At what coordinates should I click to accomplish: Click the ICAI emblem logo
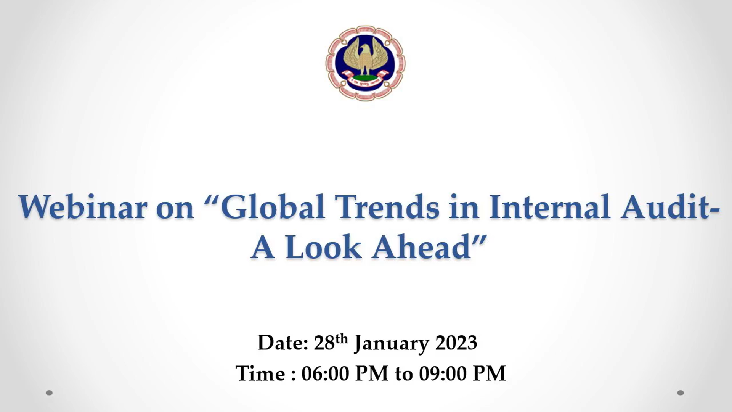[x=365, y=63]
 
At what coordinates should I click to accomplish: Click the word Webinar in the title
[x=82, y=207]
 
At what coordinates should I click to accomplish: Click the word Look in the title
[x=323, y=247]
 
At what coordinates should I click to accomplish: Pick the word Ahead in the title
[x=421, y=247]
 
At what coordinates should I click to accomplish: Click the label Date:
[x=283, y=343]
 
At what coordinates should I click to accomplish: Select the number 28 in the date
[x=324, y=343]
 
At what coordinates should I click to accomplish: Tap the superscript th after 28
[x=342, y=339]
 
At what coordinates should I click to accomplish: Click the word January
[x=392, y=344]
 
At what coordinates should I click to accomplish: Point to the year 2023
[x=456, y=343]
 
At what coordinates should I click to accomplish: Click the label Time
[x=260, y=373]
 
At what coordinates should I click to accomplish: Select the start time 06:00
[x=325, y=373]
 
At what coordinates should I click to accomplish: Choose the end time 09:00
[x=443, y=373]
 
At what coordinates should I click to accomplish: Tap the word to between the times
[x=404, y=374]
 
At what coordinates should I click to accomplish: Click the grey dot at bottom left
[x=49, y=393]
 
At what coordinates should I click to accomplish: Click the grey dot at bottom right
[x=681, y=393]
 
